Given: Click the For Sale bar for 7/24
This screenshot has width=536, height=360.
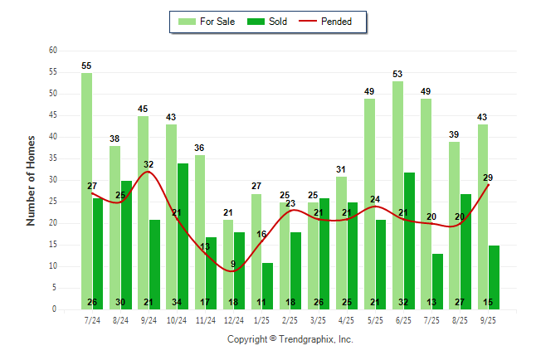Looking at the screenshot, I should click(86, 191).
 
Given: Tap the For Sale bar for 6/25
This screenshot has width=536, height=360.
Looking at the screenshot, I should click(397, 195).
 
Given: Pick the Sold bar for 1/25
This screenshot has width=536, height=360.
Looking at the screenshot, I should click(267, 285).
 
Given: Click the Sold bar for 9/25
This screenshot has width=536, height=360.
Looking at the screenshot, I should click(494, 277).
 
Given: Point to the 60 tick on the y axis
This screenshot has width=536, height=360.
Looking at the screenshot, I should click(52, 51).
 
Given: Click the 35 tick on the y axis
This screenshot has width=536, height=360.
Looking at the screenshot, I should click(52, 158).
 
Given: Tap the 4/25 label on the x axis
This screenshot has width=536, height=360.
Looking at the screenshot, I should click(347, 320).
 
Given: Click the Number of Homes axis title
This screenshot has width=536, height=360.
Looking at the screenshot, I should click(31, 180).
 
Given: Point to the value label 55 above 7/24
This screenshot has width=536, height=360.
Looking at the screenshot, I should click(86, 66).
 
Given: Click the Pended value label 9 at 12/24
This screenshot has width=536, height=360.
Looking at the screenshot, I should click(233, 264).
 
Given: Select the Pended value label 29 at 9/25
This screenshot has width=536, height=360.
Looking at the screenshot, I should click(488, 178).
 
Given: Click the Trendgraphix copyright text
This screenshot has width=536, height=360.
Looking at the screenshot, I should click(290, 339).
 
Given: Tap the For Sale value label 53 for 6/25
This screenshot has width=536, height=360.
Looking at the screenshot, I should click(397, 74).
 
